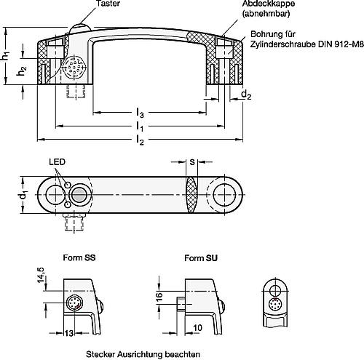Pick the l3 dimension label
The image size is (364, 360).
pyautogui.click(x=140, y=114)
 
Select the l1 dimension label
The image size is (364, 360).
pyautogui.click(x=140, y=127)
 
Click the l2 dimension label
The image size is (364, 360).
pyautogui.click(x=140, y=140)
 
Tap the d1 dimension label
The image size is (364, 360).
pyautogui.click(x=23, y=195)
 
